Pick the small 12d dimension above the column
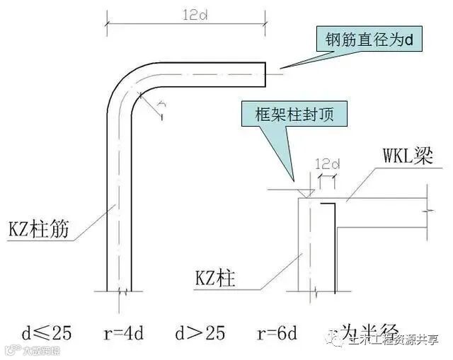pos(328,166)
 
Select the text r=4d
pos(115,330)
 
